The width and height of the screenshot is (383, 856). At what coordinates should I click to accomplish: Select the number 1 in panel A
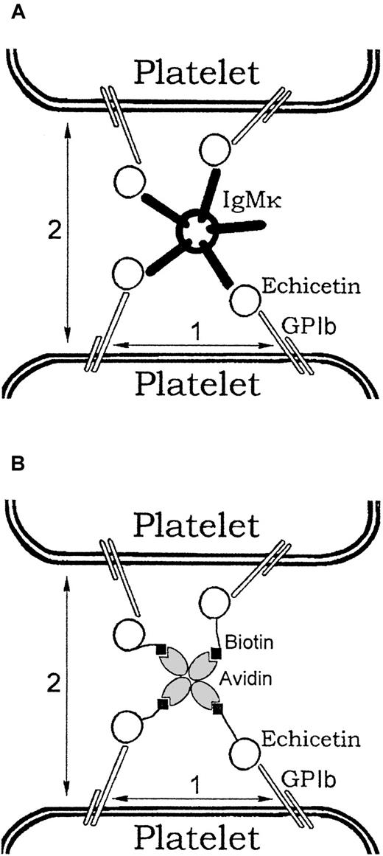click(194, 333)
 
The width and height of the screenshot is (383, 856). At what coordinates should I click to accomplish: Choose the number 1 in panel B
click(194, 784)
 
